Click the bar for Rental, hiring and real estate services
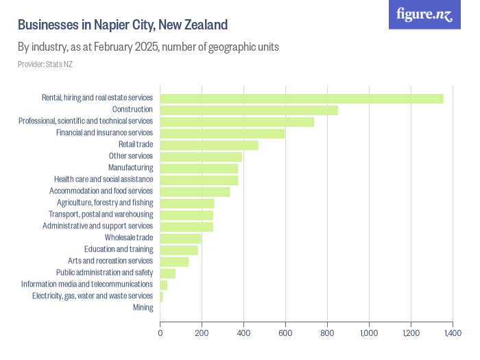pyautogui.click(x=301, y=98)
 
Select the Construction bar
pyautogui.click(x=249, y=110)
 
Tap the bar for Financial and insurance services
pyautogui.click(x=222, y=133)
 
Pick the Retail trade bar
pyautogui.click(x=209, y=145)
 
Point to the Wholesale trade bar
pyautogui.click(x=180, y=238)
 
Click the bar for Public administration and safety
pyautogui.click(x=168, y=273)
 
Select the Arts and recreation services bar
pyautogui.click(x=174, y=261)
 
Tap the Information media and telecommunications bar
pyautogui.click(x=164, y=285)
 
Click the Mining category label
pyautogui.click(x=143, y=307)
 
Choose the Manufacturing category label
pyautogui.click(x=130, y=168)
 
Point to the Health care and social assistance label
pyautogui.click(x=104, y=180)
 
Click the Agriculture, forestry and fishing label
pyautogui.click(x=105, y=203)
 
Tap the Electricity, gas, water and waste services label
pyautogui.click(x=93, y=296)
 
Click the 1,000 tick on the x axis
pyautogui.click(x=369, y=333)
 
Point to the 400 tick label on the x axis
pyautogui.click(x=243, y=333)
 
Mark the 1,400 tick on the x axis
pyautogui.click(x=452, y=333)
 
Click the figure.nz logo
pyautogui.click(x=424, y=14)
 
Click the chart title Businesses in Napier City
pyautogui.click(x=122, y=25)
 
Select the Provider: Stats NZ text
pyautogui.click(x=45, y=64)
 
